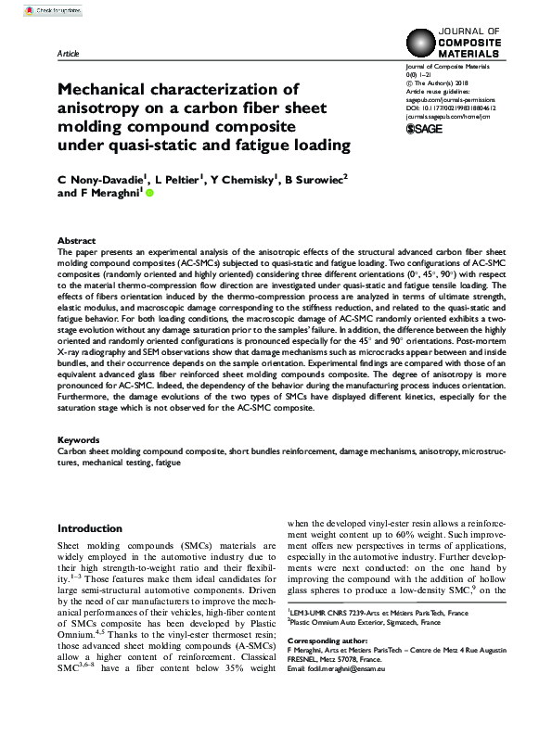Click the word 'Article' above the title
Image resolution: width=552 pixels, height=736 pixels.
click(68, 56)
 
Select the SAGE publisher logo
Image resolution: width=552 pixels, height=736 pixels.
click(428, 129)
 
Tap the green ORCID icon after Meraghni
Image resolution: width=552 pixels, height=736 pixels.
click(149, 194)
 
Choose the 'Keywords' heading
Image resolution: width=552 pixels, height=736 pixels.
click(79, 439)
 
